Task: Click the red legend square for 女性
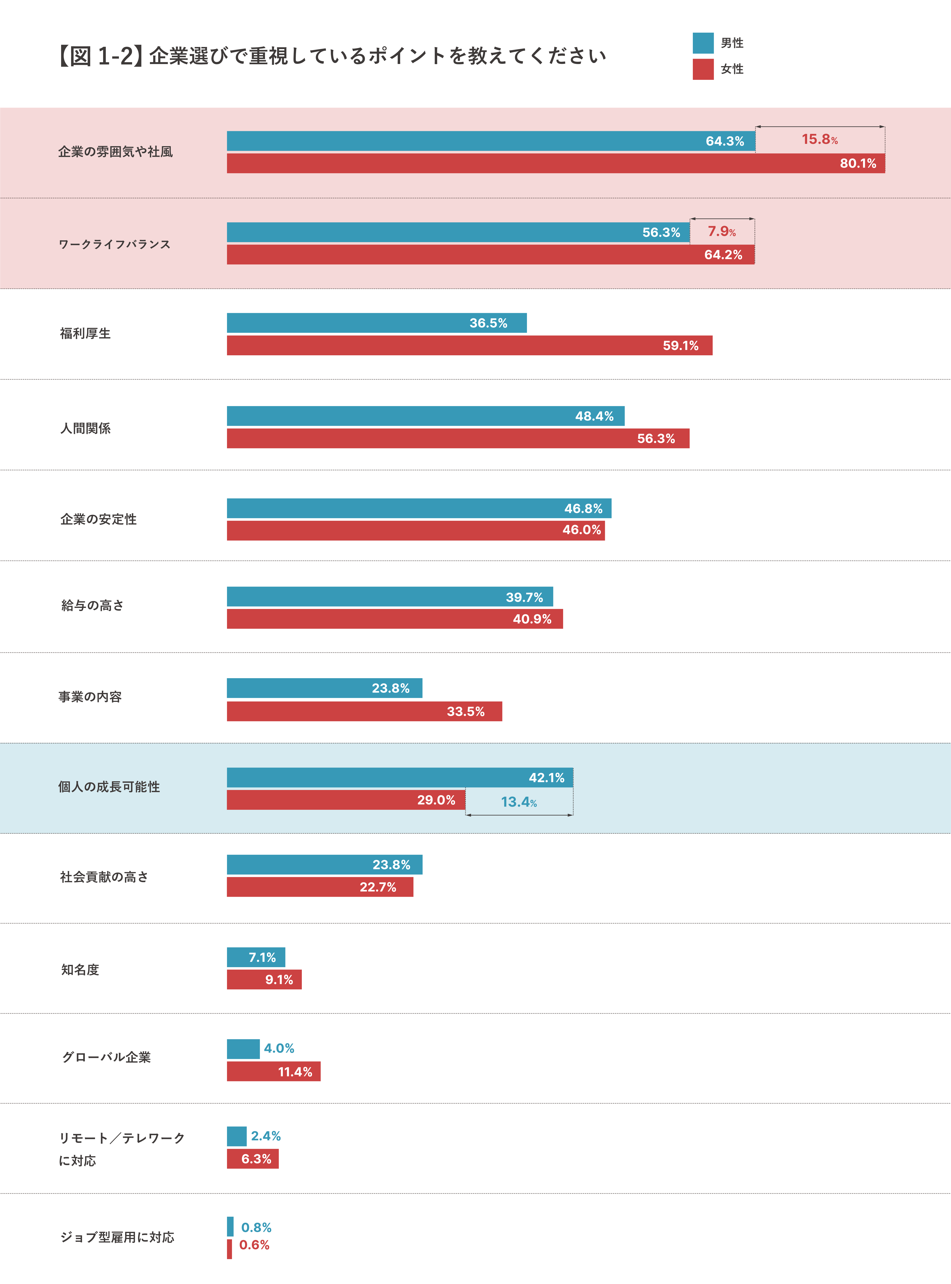click(x=703, y=69)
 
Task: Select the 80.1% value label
click(x=858, y=164)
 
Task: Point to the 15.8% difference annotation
click(x=820, y=139)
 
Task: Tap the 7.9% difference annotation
click(x=722, y=231)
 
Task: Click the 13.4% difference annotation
click(x=519, y=802)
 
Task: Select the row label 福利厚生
click(x=85, y=333)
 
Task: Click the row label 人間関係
click(x=85, y=428)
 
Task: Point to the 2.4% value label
click(x=266, y=1136)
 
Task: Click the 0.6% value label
click(x=254, y=1245)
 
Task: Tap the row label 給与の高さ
click(x=92, y=605)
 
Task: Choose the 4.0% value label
click(x=279, y=1048)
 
